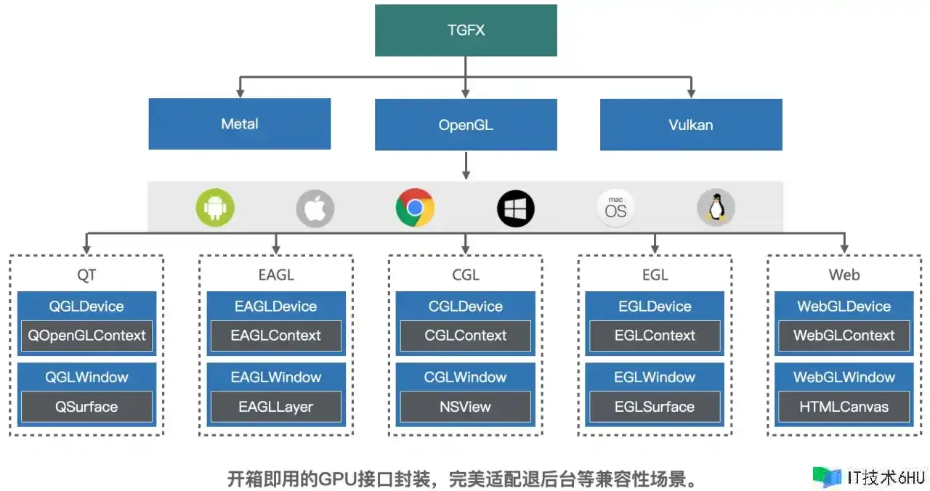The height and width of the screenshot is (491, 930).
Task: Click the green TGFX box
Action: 466,31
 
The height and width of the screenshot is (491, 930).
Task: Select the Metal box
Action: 240,124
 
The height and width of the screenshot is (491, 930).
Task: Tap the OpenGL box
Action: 466,125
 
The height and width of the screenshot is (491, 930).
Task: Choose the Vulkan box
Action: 691,125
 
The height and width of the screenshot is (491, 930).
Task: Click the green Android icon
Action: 215,208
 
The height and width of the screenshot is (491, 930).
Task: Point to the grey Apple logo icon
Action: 315,208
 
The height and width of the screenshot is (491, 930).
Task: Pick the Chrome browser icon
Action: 415,208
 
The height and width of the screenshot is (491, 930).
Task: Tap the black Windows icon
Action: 516,208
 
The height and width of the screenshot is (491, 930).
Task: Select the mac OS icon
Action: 615,208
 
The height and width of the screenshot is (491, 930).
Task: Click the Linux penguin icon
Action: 716,208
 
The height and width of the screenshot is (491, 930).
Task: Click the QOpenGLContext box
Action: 87,336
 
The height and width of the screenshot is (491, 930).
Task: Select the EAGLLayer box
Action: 276,407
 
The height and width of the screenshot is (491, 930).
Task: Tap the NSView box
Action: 466,407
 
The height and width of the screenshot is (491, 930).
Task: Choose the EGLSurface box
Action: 655,407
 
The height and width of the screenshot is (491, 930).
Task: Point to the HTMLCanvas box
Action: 844,407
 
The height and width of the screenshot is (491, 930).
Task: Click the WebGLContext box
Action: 844,336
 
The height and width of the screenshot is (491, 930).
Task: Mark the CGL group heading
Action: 466,275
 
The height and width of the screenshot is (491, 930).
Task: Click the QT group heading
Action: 86,275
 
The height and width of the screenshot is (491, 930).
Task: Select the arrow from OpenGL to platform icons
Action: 466,165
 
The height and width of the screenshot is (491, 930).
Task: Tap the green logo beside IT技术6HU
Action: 828,477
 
